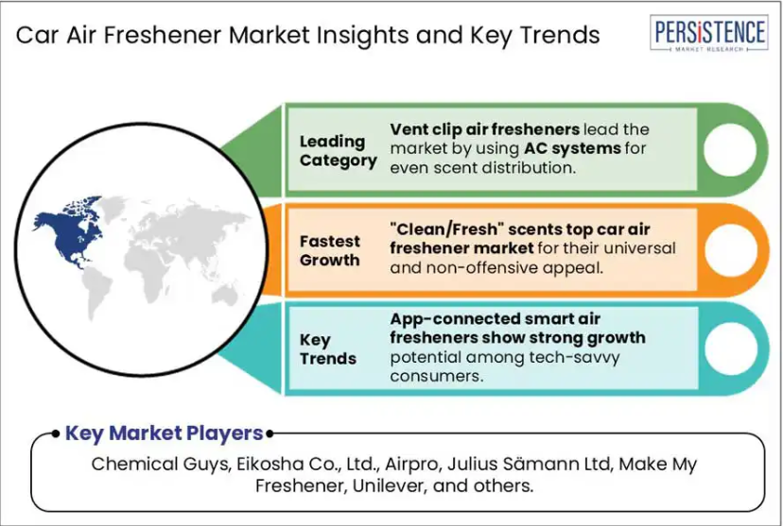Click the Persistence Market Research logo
tap(709, 33)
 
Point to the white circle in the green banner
tap(730, 149)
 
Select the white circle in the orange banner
tap(730, 250)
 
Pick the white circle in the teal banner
tap(730, 348)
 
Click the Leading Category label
tap(338, 151)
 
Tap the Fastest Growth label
tap(330, 251)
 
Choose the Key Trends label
tap(327, 349)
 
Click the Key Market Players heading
tap(165, 433)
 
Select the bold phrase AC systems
tap(572, 148)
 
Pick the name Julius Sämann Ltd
tap(530, 464)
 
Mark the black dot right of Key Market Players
tap(270, 433)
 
